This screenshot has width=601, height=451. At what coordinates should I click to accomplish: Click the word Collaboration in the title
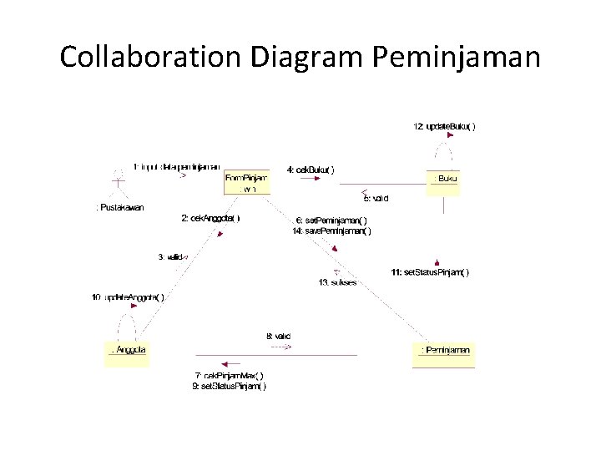point(150,58)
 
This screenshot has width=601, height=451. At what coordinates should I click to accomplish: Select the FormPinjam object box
point(247,183)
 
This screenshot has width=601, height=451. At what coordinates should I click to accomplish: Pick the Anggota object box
point(127,352)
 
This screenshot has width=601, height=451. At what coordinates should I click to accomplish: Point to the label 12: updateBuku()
point(445,127)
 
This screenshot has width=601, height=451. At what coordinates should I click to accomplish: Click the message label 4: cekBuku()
point(311,170)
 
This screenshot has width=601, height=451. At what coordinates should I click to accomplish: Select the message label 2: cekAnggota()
point(210,218)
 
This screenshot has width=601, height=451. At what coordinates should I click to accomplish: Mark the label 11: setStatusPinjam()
point(430,271)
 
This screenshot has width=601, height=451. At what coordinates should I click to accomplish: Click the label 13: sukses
point(337,282)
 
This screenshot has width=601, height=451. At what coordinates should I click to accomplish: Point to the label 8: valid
point(279,336)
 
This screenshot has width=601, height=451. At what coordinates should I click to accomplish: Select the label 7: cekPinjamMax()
point(229,376)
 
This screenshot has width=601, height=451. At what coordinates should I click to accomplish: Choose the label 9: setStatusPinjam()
point(229,386)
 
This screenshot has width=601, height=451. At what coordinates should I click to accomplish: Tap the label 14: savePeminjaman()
point(331,231)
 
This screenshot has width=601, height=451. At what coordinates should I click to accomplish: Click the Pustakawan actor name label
point(120,207)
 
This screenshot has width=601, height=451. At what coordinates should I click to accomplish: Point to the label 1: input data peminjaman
point(177,165)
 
